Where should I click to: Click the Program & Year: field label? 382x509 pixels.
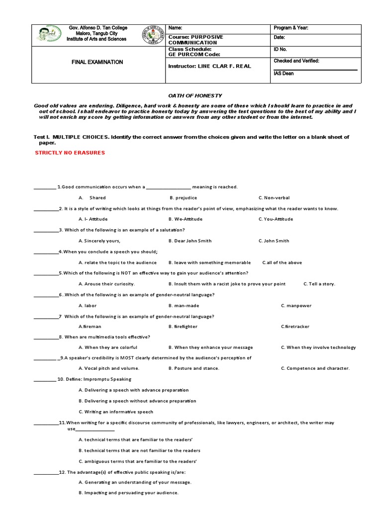pyautogui.click(x=291, y=28)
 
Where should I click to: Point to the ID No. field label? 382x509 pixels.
pyautogui.click(x=281, y=50)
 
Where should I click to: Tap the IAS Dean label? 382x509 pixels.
pyautogui.click(x=285, y=74)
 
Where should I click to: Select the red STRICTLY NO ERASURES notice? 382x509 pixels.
pyautogui.click(x=70, y=153)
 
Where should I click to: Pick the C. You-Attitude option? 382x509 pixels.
pyautogui.click(x=276, y=219)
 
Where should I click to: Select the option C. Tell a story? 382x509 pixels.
pyautogui.click(x=319, y=284)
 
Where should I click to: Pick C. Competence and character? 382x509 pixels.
pyautogui.click(x=315, y=368)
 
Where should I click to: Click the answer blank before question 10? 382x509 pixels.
pyautogui.click(x=44, y=380)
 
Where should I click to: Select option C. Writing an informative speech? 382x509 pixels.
pyautogui.click(x=116, y=412)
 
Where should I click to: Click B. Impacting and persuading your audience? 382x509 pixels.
pyautogui.click(x=128, y=493)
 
